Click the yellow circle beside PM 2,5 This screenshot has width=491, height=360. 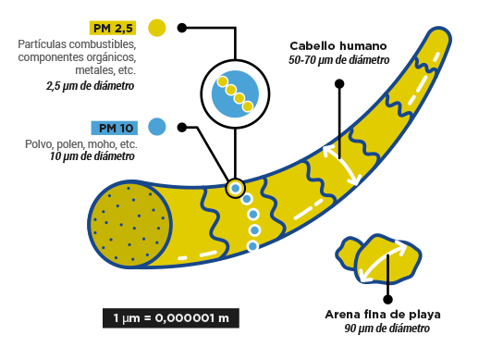click(157, 29)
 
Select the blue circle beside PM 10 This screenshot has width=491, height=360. click(157, 126)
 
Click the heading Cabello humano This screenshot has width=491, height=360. click(338, 45)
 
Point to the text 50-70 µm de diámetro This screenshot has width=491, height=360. click(338, 60)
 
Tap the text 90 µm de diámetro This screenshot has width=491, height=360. click(387, 329)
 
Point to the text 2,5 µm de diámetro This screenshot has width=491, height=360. click(91, 86)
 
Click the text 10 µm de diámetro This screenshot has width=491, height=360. click(93, 157)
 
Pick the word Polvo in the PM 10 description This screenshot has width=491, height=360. click(40, 144)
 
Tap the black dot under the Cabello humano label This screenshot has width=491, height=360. click(339, 84)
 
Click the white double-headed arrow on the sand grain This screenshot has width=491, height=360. click(382, 260)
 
